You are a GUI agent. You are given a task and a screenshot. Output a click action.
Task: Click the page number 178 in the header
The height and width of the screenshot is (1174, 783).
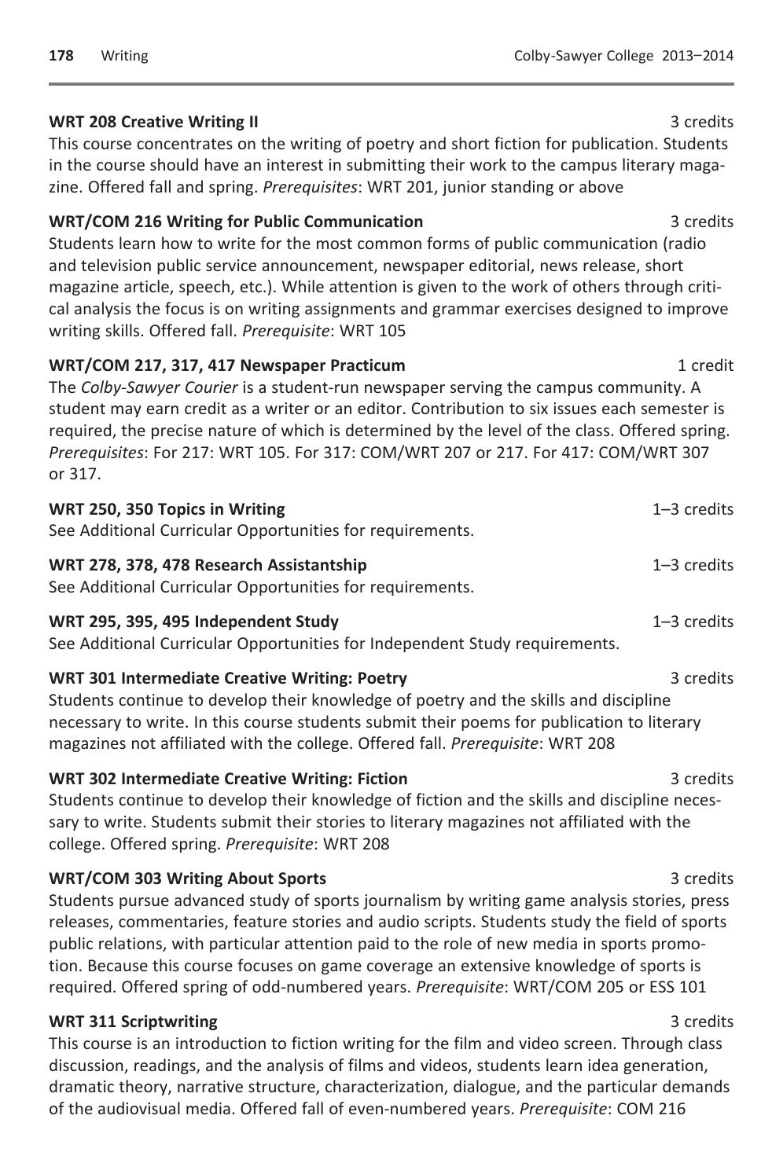61,56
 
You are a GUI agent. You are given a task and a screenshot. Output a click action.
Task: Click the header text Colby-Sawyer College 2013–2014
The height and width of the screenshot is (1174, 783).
623,56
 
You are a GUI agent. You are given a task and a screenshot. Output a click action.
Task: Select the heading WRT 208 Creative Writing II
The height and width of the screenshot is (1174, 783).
153,122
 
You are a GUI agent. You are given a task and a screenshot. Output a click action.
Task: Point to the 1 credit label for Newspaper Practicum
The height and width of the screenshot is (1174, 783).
705,365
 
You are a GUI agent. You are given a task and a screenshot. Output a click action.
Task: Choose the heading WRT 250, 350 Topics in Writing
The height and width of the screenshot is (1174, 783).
167,509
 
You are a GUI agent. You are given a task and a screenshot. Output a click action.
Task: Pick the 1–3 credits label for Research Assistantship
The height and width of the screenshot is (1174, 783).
693,565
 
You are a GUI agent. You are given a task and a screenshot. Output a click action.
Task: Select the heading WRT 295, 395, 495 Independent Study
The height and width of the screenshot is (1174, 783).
193,622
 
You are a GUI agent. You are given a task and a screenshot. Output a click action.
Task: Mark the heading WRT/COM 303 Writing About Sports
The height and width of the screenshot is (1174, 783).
187,879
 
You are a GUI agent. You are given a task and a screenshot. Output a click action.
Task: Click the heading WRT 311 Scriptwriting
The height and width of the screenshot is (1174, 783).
133,1022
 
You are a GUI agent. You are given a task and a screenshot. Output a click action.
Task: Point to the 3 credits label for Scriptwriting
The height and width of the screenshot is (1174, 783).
701,1022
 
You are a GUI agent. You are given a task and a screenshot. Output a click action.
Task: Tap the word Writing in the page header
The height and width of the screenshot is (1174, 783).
124,56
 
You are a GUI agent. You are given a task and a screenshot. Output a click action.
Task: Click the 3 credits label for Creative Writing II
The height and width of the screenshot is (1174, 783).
701,122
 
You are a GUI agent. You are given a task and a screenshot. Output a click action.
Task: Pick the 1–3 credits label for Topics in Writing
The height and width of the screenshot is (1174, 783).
693,509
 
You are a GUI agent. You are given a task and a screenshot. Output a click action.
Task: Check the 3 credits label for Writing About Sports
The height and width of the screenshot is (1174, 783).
701,879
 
